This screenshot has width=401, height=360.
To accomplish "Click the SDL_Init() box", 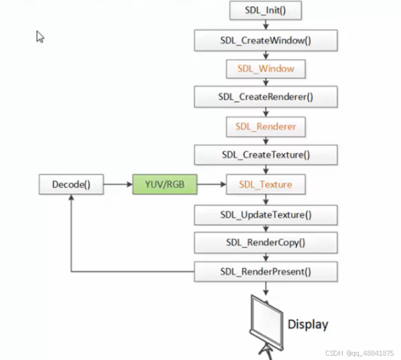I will pyautogui.click(x=265, y=11).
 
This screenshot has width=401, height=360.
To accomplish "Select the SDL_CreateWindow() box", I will pyautogui.click(x=265, y=40).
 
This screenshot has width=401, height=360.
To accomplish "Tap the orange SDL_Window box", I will pyautogui.click(x=265, y=68).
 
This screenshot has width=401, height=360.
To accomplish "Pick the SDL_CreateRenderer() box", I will pyautogui.click(x=265, y=96).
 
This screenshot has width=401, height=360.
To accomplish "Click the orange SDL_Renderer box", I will pyautogui.click(x=265, y=126).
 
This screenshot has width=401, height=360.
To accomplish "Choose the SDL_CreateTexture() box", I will pyautogui.click(x=265, y=155).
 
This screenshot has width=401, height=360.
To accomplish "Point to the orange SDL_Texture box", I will pyautogui.click(x=265, y=184).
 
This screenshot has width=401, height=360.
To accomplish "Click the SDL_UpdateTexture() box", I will pyautogui.click(x=265, y=215).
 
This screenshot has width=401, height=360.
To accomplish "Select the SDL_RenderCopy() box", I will pyautogui.click(x=265, y=242).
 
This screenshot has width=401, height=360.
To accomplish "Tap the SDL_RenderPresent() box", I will pyautogui.click(x=265, y=271).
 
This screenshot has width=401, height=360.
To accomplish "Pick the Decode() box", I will pyautogui.click(x=71, y=184).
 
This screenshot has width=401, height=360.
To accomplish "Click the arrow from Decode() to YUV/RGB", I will pyautogui.click(x=118, y=184).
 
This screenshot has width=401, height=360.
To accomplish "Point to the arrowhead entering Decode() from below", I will pyautogui.click(x=71, y=198).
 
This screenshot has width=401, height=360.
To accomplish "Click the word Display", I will pyautogui.click(x=307, y=324).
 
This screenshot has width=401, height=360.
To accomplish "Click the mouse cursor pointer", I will pyautogui.click(x=40, y=37).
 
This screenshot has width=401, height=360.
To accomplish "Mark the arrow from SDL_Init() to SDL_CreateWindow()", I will pyautogui.click(x=266, y=25).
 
